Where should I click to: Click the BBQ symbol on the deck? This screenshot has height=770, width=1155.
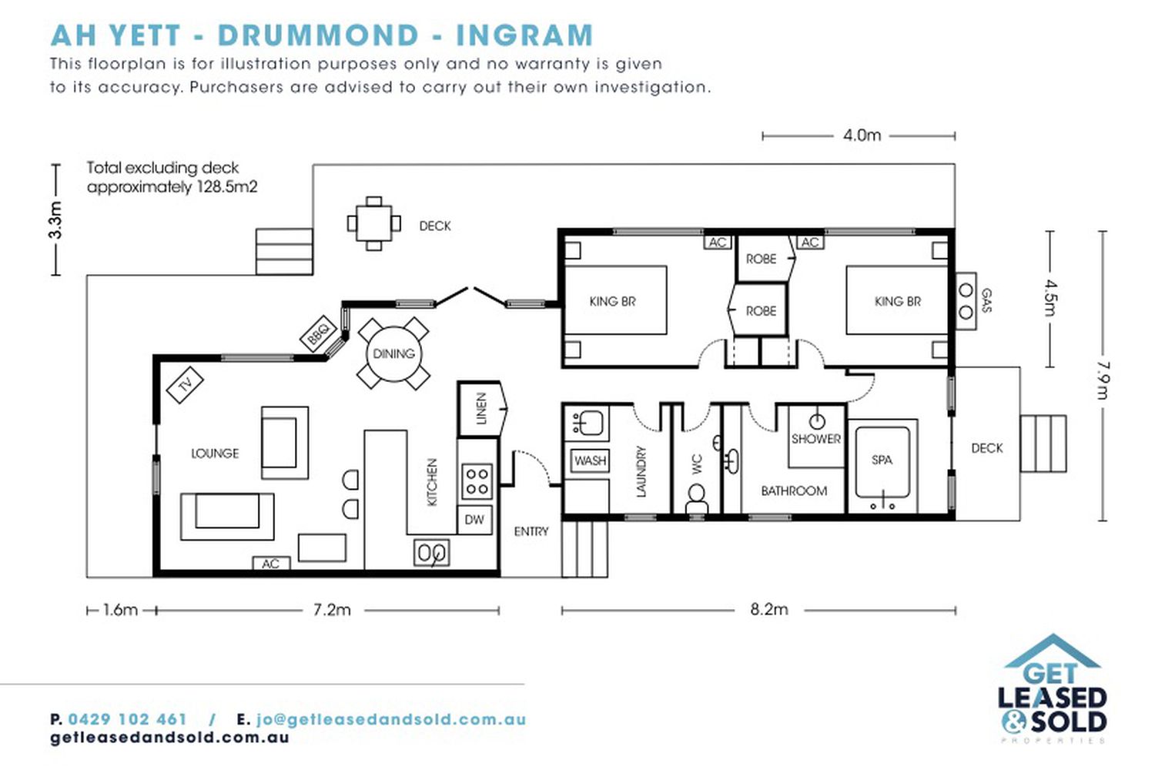click(319, 334)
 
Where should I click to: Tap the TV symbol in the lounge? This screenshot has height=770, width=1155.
click(185, 385)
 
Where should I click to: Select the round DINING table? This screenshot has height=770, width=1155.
click(393, 353)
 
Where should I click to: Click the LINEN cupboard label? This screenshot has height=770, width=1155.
click(481, 408)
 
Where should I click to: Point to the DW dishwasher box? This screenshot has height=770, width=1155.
click(474, 520)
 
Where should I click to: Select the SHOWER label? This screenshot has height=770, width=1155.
click(816, 439)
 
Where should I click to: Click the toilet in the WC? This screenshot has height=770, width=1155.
click(697, 498)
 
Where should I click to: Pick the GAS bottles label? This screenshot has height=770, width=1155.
click(986, 300)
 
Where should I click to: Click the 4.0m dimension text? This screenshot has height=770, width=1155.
click(862, 136)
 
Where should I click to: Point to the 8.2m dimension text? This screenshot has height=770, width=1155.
click(769, 610)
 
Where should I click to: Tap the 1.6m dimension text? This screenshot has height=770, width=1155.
click(120, 610)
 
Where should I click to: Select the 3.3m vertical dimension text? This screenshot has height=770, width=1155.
click(55, 220)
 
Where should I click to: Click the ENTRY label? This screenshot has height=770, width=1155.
click(531, 532)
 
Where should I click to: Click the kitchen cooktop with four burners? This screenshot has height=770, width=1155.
click(477, 481)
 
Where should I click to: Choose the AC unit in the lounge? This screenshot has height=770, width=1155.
click(271, 564)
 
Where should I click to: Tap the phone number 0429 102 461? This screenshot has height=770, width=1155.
click(127, 719)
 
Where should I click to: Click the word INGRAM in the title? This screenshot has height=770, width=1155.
click(525, 35)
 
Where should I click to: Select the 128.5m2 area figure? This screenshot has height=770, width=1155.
click(227, 186)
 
